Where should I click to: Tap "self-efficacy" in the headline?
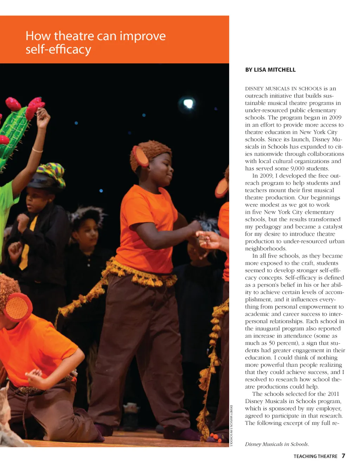click(58, 49)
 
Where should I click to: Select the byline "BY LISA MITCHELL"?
click(270, 70)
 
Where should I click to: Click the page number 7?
click(343, 456)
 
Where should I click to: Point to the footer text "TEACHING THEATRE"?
click(315, 456)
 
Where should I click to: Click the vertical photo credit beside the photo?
click(231, 425)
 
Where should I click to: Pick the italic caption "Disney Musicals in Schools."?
click(277, 444)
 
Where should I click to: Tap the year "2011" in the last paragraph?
click(333, 394)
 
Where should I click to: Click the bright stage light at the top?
click(188, 103)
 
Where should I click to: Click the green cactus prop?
click(14, 130)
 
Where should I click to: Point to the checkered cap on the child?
click(51, 174)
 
